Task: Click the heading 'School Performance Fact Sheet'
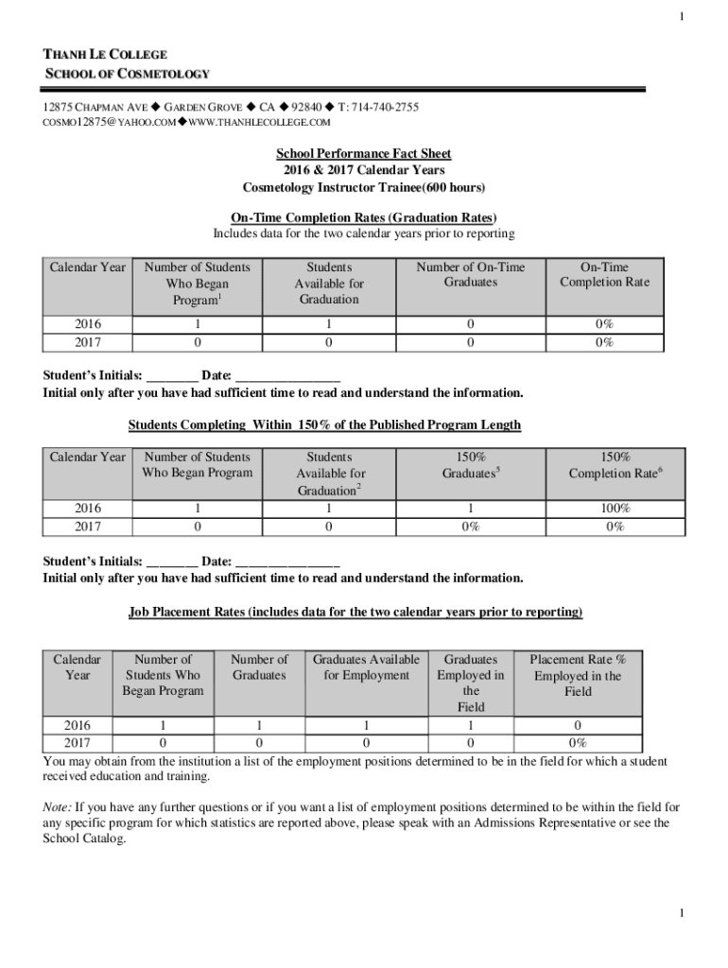pos(363,154)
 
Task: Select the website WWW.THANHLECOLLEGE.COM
pos(257,123)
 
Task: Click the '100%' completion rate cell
pos(614,509)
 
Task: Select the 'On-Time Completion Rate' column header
pos(604,275)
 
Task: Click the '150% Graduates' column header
pos(470,465)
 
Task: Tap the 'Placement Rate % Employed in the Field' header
pos(577,675)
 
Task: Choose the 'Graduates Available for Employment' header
pos(366,667)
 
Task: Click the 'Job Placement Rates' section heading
pos(355,613)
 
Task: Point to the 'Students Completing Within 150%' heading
pos(324,425)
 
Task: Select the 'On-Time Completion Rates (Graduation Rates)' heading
pos(364,217)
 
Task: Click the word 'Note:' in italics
pos(58,807)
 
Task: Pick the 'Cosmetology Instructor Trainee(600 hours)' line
pos(364,186)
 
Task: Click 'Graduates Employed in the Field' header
pos(470,683)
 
